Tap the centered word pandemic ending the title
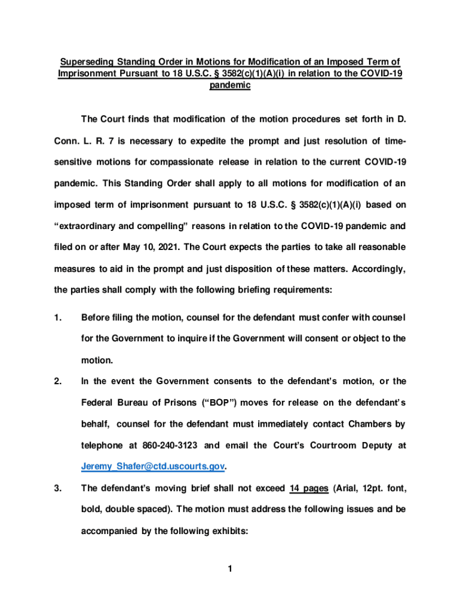pyautogui.click(x=229, y=85)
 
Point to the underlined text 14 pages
pyautogui.click(x=308, y=489)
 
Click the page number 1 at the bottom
pyautogui.click(x=229, y=569)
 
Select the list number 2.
pyautogui.click(x=57, y=381)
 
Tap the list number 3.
pyautogui.click(x=57, y=489)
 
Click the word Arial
pyautogui.click(x=348, y=489)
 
